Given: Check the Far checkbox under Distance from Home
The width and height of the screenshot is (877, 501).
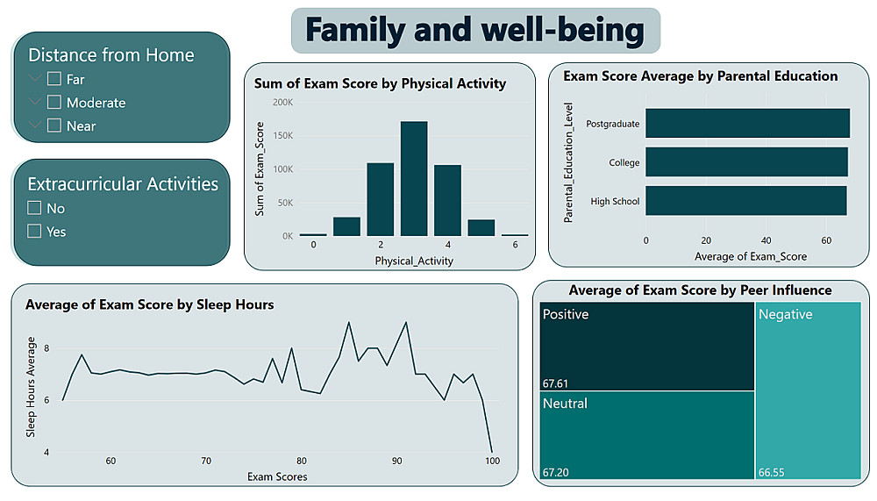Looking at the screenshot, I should (54, 79).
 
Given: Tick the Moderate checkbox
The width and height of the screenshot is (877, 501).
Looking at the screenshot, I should (54, 103).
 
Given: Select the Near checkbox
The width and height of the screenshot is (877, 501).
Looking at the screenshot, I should (54, 125).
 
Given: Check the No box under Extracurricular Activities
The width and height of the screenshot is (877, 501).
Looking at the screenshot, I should (35, 208).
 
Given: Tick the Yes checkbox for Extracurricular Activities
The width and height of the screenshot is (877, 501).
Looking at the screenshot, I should (35, 232).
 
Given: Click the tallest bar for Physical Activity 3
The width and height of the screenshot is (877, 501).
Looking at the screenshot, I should (414, 179).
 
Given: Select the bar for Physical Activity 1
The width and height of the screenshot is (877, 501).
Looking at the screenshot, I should (346, 226).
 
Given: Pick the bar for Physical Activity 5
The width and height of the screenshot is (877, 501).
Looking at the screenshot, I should (481, 227).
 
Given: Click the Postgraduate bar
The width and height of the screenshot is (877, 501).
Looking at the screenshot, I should (747, 124).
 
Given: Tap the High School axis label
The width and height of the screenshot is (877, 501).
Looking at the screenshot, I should (615, 202).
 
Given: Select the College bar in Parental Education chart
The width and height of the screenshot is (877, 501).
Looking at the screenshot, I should (746, 162).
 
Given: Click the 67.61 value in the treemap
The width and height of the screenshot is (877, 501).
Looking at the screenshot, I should (556, 383).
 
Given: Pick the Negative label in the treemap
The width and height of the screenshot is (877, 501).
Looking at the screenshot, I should (786, 314).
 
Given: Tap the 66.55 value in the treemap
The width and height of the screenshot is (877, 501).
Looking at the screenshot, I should (772, 472).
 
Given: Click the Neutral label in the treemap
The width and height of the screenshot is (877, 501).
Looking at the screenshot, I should (565, 404).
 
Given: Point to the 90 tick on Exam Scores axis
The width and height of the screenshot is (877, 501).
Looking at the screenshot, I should (397, 461).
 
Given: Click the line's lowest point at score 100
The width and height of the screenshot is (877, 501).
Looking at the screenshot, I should (492, 452).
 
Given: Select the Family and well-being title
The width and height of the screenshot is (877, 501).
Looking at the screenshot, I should (474, 31).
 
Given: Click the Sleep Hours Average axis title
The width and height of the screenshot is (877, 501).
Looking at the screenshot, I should (31, 387).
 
